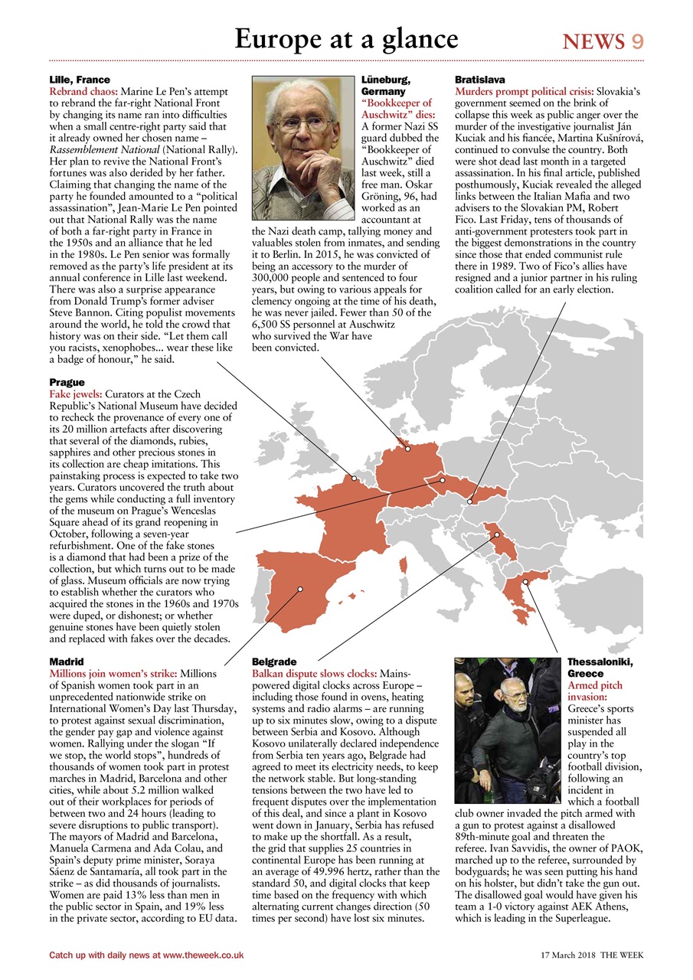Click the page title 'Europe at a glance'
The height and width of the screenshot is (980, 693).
click(346, 39)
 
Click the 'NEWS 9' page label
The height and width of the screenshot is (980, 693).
click(603, 42)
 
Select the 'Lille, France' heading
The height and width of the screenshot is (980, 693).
click(80, 80)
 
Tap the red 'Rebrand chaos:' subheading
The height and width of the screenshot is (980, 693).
click(83, 91)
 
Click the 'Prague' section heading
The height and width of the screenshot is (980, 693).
click(67, 382)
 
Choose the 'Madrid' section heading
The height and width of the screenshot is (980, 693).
click(67, 661)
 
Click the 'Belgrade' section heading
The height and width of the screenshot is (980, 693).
click(274, 661)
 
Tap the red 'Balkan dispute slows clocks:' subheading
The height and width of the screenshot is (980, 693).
click(314, 673)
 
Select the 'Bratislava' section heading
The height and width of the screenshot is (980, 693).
click(480, 80)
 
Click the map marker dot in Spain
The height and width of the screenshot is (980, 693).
click(301, 589)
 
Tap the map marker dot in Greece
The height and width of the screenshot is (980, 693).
click(525, 582)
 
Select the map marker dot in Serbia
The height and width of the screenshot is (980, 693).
click(496, 534)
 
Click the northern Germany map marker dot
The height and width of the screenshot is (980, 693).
click(408, 449)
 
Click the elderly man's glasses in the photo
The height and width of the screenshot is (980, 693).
click(304, 122)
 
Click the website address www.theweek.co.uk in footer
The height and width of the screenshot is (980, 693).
click(203, 955)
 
